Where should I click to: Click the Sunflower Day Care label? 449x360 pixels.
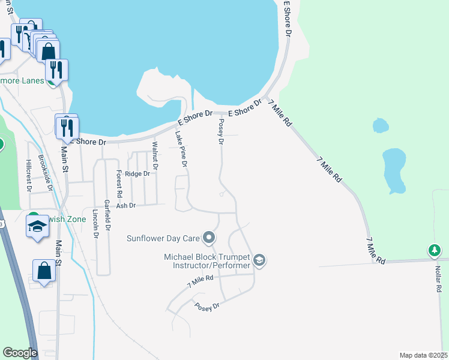[x=163, y=238]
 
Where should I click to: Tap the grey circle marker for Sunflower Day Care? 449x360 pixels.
[x=209, y=238]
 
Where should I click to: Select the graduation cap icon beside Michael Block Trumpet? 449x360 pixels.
[x=259, y=260]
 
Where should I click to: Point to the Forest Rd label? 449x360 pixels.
[x=119, y=184]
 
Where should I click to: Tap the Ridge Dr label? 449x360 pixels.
[x=137, y=173]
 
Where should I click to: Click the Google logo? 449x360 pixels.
[x=20, y=353]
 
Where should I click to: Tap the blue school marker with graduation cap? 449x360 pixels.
[x=37, y=227]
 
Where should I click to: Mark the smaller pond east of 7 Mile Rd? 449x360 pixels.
[x=380, y=125]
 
